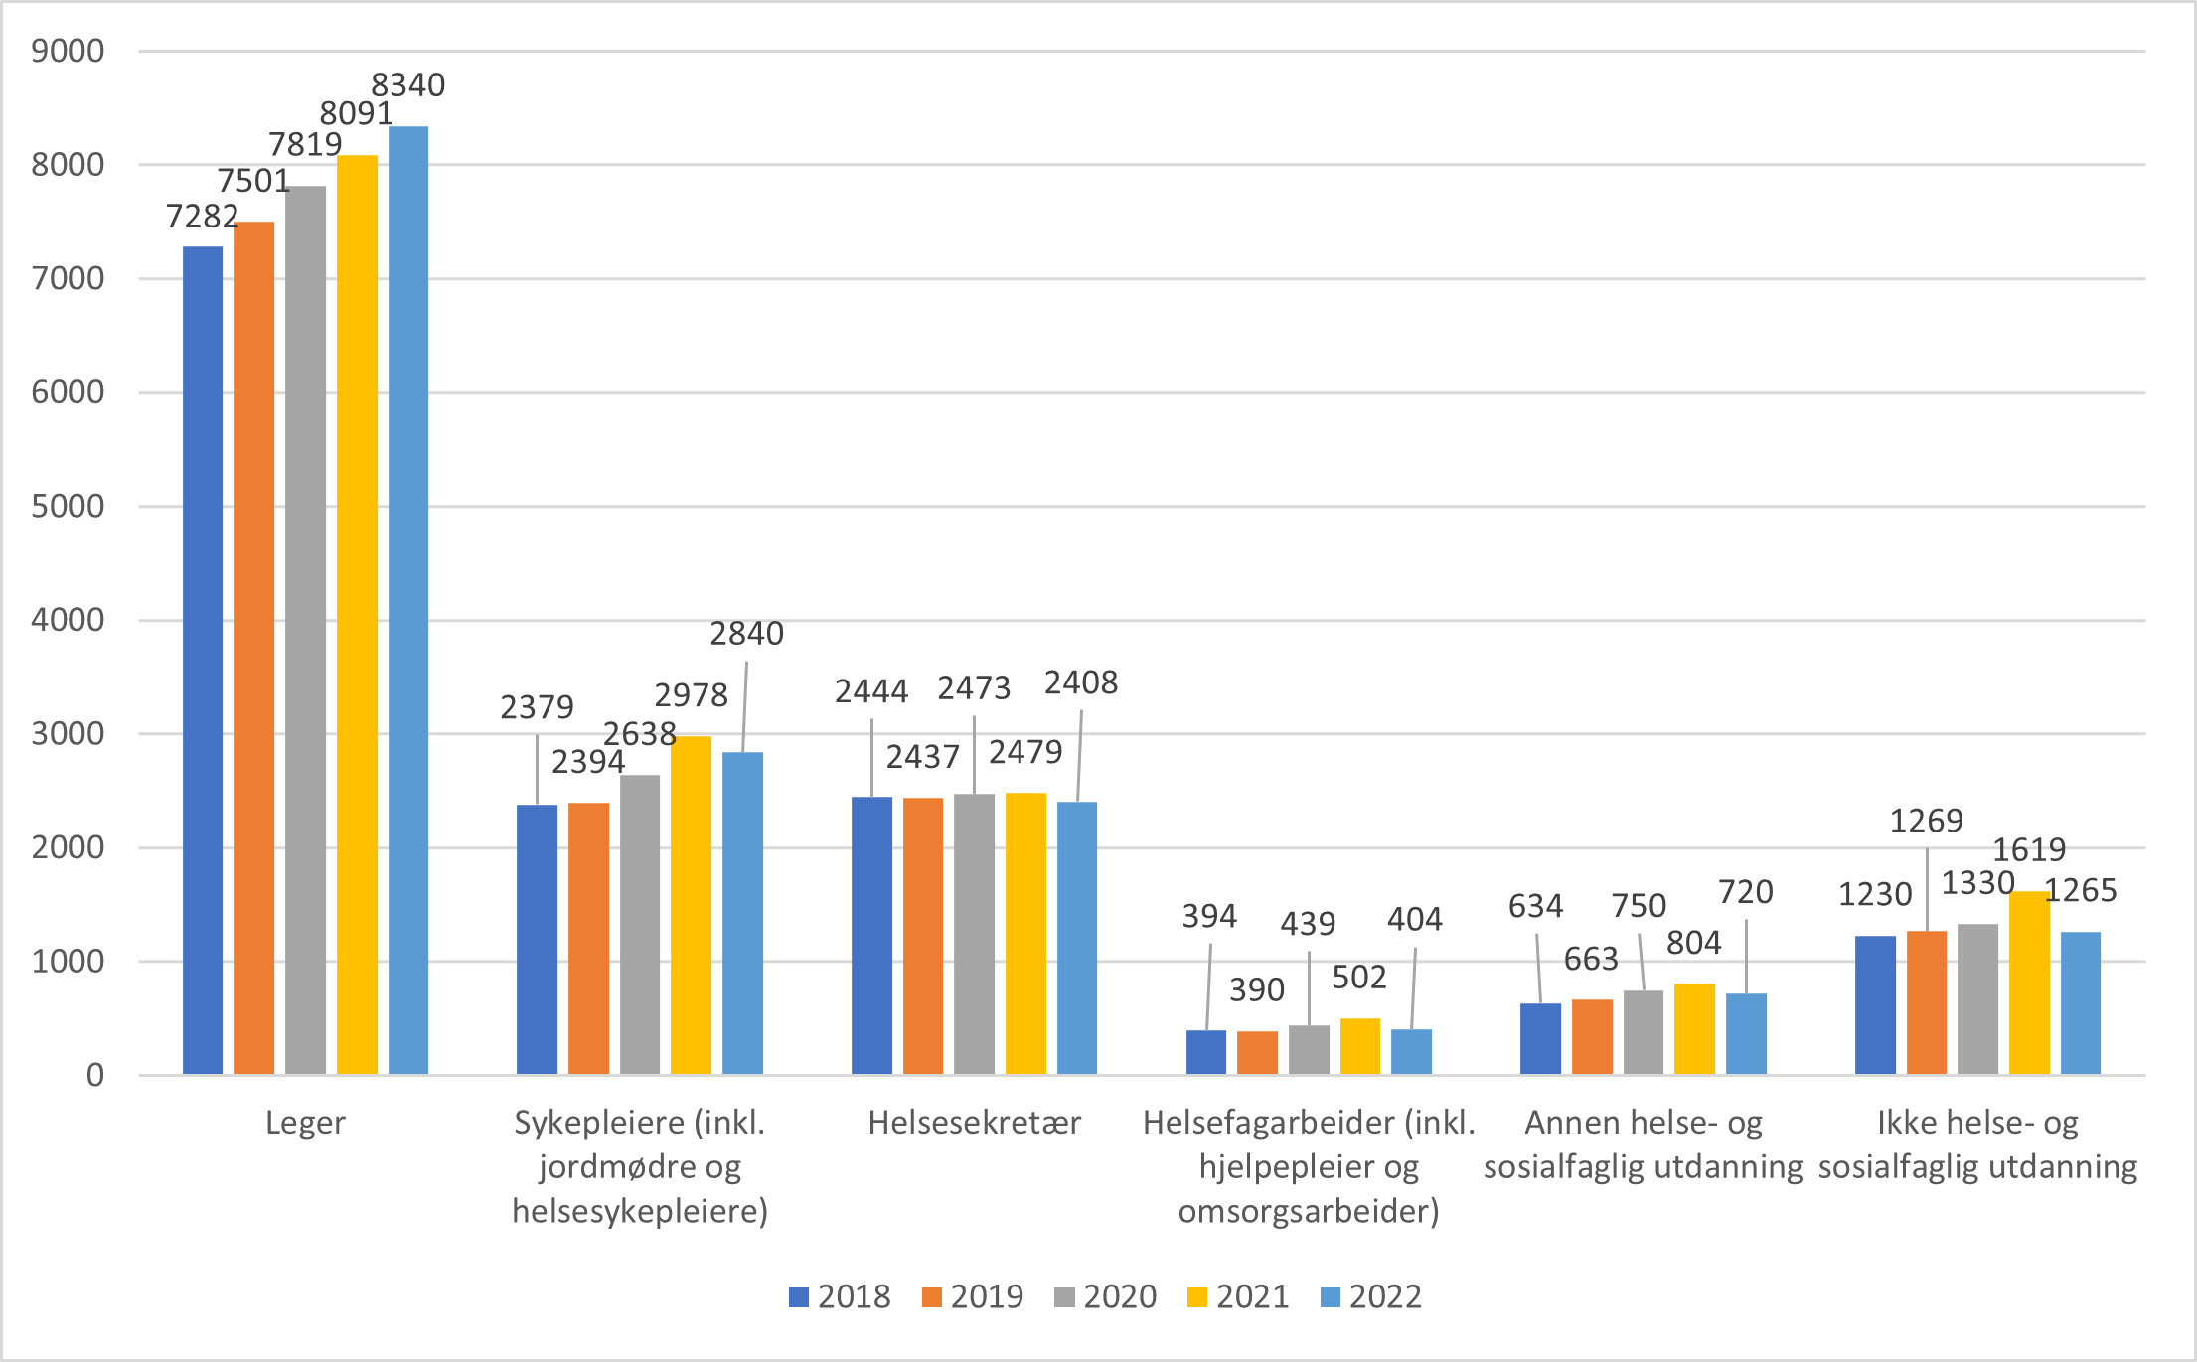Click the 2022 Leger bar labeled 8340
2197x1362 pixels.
click(408, 600)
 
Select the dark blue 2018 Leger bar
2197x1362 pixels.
click(203, 660)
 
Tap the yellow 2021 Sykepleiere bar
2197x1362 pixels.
click(691, 905)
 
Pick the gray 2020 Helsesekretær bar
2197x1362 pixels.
click(974, 934)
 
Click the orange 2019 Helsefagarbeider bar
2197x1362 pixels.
click(1257, 1053)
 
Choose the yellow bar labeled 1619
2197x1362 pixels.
click(2029, 983)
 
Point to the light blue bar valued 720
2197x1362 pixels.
click(1746, 1033)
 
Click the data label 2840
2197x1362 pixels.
click(746, 634)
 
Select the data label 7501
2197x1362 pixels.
click(253, 181)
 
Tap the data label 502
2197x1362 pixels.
click(1358, 978)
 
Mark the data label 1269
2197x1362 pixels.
click(1926, 821)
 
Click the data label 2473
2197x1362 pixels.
click(974, 688)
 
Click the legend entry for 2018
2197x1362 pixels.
click(840, 1297)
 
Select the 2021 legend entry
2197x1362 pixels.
click(1238, 1297)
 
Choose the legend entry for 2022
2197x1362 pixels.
click(1371, 1297)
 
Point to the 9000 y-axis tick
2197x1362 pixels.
click(68, 51)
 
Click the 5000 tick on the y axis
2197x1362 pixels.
click(68, 507)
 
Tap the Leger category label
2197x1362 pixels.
click(305, 1123)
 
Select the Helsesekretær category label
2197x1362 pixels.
click(974, 1123)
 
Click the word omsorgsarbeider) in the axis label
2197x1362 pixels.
click(1309, 1212)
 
